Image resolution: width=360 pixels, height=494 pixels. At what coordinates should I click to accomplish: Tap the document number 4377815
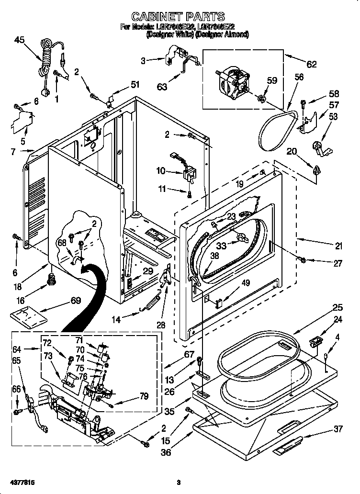(x=22, y=482)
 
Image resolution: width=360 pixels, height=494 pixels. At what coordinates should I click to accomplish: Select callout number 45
(x=20, y=41)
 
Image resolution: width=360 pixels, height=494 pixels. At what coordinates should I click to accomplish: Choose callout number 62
(x=311, y=65)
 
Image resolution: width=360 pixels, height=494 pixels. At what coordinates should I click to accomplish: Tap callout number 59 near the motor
(x=271, y=81)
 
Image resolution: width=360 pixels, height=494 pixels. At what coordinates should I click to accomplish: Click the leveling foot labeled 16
(x=50, y=279)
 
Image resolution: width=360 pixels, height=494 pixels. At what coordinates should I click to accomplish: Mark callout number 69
(x=75, y=301)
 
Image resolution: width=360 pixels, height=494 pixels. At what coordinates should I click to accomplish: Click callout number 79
(x=143, y=396)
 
